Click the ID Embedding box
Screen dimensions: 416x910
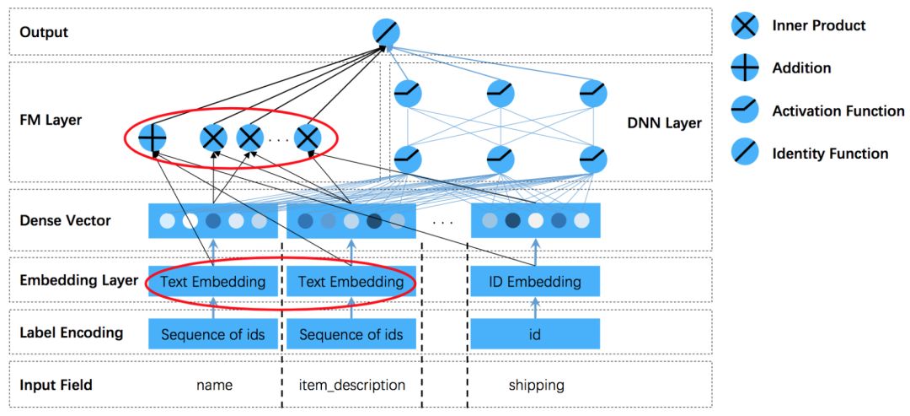tap(535, 282)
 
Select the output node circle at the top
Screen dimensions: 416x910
tap(386, 33)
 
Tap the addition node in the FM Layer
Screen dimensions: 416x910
tap(153, 138)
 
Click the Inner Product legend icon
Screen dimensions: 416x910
tap(744, 25)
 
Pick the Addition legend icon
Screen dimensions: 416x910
tap(744, 68)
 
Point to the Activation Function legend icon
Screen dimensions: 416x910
tap(744, 111)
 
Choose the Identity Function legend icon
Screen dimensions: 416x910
tap(744, 154)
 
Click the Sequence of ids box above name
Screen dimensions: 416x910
tap(213, 334)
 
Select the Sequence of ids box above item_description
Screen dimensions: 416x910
tap(351, 334)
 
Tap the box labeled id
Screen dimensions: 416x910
tap(535, 334)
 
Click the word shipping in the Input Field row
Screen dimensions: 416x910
tap(536, 386)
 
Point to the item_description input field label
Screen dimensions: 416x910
tap(351, 386)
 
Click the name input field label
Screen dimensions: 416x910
tap(214, 386)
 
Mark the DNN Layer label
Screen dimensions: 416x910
tap(665, 124)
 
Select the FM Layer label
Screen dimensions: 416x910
tap(51, 120)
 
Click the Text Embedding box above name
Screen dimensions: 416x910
tap(213, 282)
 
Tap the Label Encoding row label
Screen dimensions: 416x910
tap(71, 332)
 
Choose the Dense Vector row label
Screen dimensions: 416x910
tap(65, 221)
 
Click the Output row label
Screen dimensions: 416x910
tap(44, 33)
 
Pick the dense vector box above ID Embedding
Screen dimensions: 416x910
tap(535, 221)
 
